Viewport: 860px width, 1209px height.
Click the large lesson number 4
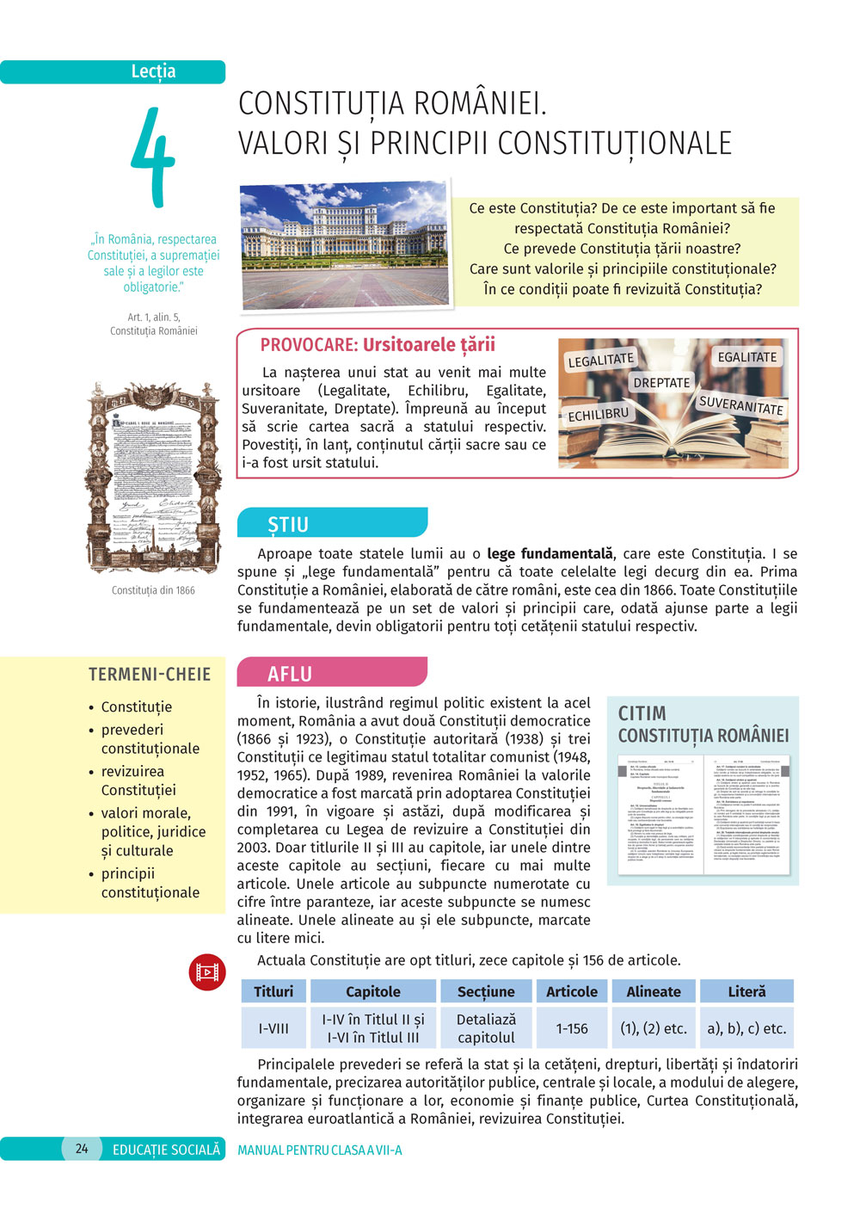(x=153, y=157)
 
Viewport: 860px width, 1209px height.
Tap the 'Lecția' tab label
(x=153, y=71)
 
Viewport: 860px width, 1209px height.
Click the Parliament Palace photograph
(x=345, y=246)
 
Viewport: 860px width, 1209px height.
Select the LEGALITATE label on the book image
(x=600, y=360)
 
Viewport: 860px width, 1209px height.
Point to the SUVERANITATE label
(x=740, y=405)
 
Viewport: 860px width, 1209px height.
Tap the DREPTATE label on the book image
(x=661, y=382)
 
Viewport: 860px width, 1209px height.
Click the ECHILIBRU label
(x=599, y=415)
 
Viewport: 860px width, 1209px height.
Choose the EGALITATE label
(x=746, y=356)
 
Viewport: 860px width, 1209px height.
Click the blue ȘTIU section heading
(x=288, y=524)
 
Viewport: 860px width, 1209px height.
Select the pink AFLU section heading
(x=290, y=674)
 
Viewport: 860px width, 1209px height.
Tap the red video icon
(x=207, y=972)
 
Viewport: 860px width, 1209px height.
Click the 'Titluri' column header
(x=273, y=991)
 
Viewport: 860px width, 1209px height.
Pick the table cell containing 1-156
(x=572, y=1028)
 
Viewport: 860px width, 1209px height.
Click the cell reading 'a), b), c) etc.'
(x=746, y=1028)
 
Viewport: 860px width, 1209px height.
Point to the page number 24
(x=82, y=1149)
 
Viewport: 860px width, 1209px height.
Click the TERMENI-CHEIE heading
(x=150, y=675)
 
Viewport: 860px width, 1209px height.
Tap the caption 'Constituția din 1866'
(x=153, y=590)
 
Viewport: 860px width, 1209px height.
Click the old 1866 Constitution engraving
(x=153, y=478)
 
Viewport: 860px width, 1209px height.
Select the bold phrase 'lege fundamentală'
(x=550, y=553)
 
